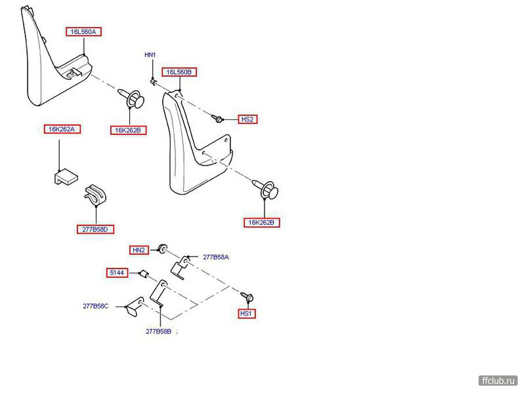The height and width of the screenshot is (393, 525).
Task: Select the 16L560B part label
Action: [180, 72]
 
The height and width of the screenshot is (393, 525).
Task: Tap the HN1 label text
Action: [150, 55]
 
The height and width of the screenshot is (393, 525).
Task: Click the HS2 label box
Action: [247, 119]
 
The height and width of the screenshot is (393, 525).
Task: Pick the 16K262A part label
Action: [62, 129]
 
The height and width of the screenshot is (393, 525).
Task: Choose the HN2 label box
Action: [138, 250]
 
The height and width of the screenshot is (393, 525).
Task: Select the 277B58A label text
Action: [215, 257]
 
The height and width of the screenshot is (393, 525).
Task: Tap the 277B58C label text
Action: [96, 306]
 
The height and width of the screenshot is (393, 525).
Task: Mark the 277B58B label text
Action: [158, 331]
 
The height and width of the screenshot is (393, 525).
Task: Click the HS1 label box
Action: [247, 314]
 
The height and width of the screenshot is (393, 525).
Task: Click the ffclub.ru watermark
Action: [499, 379]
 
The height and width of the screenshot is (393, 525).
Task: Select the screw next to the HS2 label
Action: [218, 118]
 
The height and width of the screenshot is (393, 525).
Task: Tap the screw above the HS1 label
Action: [248, 296]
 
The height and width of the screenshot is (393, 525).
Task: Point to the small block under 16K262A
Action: [64, 178]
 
